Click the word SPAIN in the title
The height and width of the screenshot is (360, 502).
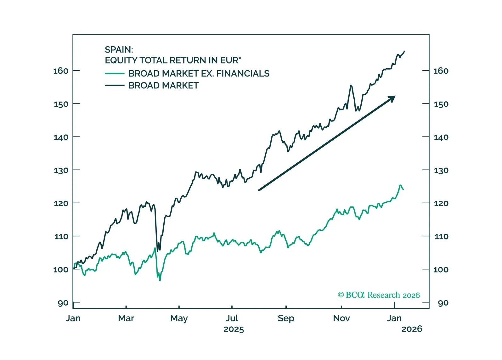[118, 50]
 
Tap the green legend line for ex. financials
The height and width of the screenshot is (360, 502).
[115, 74]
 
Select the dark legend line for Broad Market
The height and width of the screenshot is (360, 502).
[115, 86]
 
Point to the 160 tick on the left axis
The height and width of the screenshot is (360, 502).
[61, 71]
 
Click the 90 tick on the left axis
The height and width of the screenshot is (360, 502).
[63, 303]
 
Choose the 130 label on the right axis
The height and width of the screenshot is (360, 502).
[441, 170]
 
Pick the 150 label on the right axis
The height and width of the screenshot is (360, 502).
[441, 104]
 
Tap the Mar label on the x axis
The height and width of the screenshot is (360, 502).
[126, 318]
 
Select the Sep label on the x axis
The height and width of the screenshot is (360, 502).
[286, 318]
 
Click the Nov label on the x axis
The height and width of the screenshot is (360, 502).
[341, 318]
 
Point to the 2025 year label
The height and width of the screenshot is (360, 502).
[234, 329]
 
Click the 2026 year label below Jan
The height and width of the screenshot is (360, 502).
[412, 329]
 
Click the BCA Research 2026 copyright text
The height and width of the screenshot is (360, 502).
[379, 295]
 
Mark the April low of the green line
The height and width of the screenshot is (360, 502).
[160, 280]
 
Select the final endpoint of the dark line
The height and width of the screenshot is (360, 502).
[404, 51]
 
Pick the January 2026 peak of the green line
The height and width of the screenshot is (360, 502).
[400, 185]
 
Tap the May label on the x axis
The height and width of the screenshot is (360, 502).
[179, 318]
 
